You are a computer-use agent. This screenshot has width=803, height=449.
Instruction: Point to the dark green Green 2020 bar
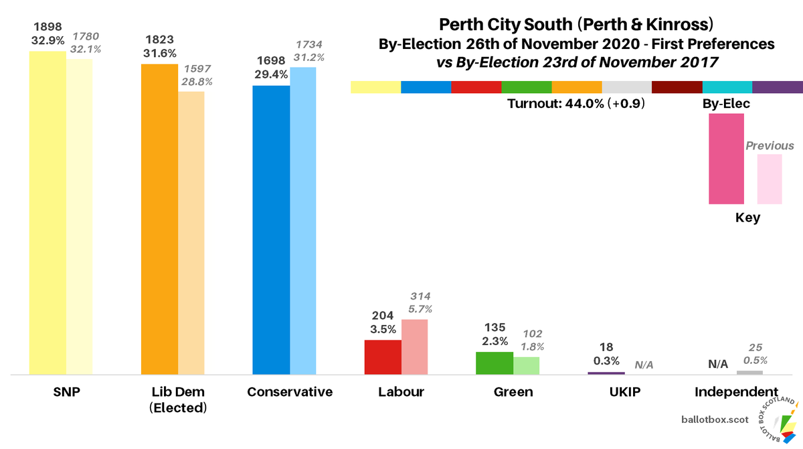point(494,363)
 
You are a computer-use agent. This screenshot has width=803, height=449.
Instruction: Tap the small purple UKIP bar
point(606,373)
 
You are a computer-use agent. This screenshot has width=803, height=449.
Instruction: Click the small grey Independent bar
point(749,372)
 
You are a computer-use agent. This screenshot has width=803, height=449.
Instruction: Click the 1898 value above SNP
point(48,26)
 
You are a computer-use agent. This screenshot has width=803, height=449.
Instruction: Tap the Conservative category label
point(289,392)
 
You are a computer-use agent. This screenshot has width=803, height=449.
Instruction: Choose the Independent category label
point(736,392)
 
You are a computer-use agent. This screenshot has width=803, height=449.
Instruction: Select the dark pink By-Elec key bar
point(726,159)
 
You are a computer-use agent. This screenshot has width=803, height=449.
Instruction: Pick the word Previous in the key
point(770,145)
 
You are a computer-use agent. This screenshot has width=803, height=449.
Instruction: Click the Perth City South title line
point(576,25)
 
